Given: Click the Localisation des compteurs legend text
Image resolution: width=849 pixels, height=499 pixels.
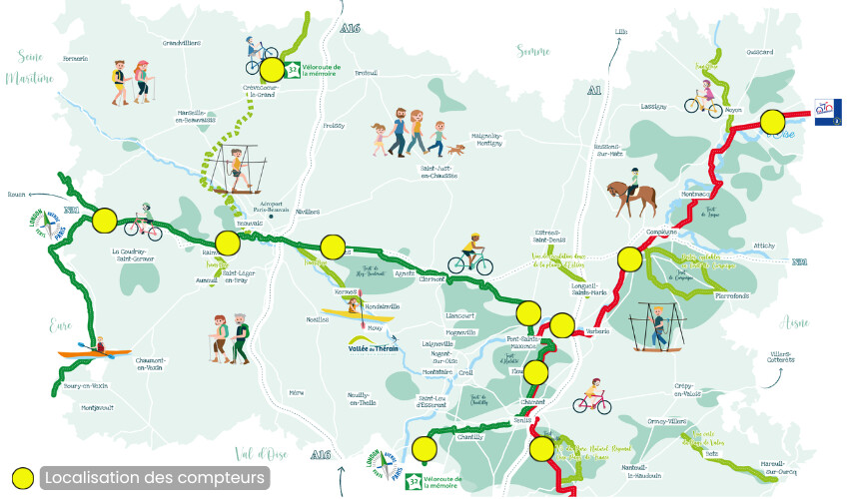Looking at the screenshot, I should (155, 478).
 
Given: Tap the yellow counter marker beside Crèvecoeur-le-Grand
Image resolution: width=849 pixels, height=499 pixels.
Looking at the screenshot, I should (272, 70).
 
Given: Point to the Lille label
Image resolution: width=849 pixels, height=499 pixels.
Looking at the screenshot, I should (622, 32).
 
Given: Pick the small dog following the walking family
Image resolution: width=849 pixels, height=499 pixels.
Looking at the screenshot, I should (456, 150).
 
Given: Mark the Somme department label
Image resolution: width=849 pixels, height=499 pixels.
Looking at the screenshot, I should (534, 50).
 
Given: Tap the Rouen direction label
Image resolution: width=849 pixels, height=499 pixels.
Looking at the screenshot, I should (15, 195).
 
